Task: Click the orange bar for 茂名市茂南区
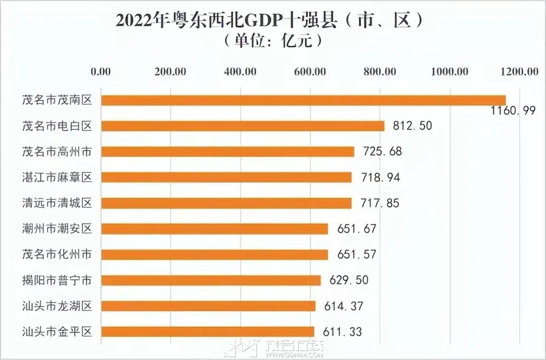click(x=303, y=100)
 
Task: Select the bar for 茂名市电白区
click(x=243, y=126)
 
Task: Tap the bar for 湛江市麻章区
click(x=226, y=177)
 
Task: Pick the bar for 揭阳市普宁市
click(x=211, y=280)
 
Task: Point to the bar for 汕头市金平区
click(x=208, y=332)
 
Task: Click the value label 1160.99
click(x=513, y=111)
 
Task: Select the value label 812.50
click(x=412, y=126)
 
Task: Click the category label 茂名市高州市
click(x=57, y=151)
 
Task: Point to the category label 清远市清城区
click(x=57, y=203)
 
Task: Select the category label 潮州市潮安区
click(x=57, y=229)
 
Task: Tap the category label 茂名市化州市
click(x=57, y=254)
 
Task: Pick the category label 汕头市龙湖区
click(x=57, y=306)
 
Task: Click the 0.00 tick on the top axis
click(x=101, y=71)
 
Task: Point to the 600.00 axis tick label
click(x=310, y=71)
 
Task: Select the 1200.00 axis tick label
click(x=520, y=71)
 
